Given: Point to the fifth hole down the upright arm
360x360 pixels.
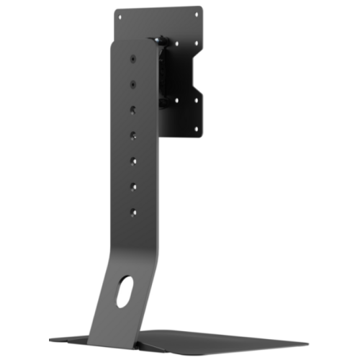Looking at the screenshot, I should pyautogui.click(x=134, y=161).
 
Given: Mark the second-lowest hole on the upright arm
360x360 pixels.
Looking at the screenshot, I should pyautogui.click(x=133, y=186).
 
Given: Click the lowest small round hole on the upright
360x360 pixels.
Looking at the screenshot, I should pyautogui.click(x=132, y=212).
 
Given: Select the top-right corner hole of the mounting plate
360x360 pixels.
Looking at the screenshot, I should pyautogui.click(x=195, y=12).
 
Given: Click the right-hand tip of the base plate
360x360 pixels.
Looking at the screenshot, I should pyautogui.click(x=307, y=344).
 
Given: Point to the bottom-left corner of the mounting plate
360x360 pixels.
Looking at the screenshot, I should pyautogui.click(x=160, y=133).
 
